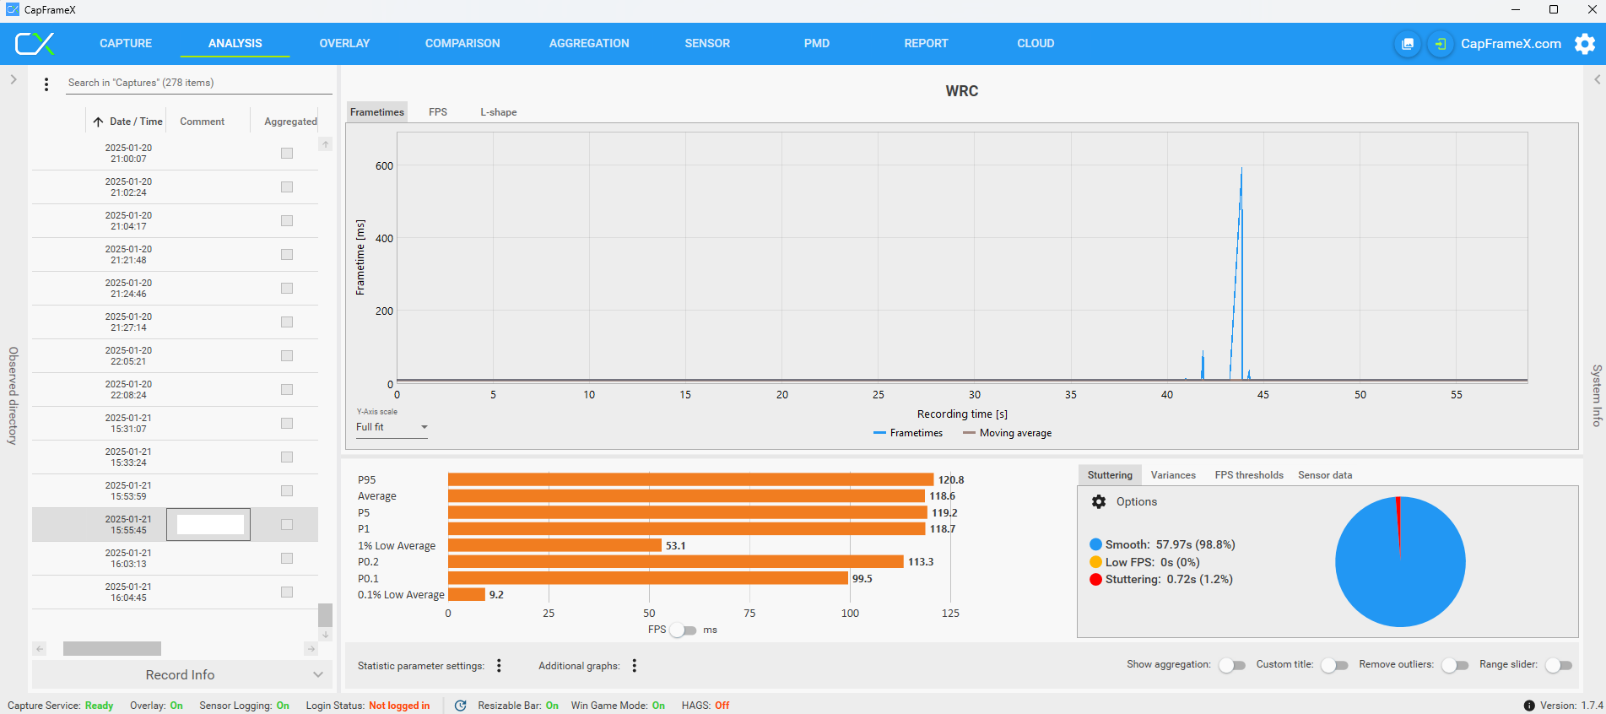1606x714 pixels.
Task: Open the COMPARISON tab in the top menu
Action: coord(462,43)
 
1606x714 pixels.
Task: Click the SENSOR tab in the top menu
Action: coord(707,43)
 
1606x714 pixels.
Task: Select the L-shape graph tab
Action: coord(498,112)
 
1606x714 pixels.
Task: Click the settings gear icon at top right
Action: coord(1585,44)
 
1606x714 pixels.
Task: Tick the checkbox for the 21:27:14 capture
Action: coord(287,322)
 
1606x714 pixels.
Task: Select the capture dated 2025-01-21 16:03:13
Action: coord(128,559)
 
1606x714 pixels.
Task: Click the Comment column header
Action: coord(202,122)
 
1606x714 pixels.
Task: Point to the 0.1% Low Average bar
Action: coord(467,595)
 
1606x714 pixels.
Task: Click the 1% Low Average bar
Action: coord(554,546)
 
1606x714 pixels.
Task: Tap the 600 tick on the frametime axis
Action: coord(384,166)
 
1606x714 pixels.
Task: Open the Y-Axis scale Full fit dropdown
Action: coord(392,427)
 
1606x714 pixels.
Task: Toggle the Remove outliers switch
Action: coord(1455,666)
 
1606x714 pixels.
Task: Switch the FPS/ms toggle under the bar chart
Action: coord(684,630)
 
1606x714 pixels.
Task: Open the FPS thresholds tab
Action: coord(1248,475)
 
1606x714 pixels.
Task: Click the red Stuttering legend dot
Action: coord(1095,580)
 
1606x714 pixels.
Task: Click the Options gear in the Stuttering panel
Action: coord(1099,502)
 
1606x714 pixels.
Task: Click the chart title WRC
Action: coord(961,91)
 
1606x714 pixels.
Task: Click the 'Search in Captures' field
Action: coord(198,83)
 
